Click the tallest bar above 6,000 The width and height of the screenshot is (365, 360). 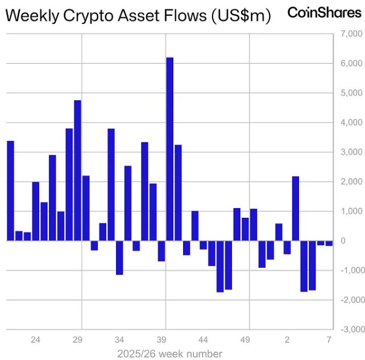tap(169, 148)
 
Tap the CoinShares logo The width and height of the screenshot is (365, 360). tap(324, 13)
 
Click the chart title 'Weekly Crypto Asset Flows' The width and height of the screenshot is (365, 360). tap(105, 16)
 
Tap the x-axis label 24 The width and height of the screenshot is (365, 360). tap(35, 340)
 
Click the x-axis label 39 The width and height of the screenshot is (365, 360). tap(161, 340)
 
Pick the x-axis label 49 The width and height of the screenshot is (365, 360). tap(245, 340)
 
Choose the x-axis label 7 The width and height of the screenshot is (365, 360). tap(329, 340)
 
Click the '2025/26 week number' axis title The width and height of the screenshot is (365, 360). tap(169, 354)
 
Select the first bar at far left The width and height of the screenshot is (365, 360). tap(10, 191)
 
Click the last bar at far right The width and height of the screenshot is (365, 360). tap(329, 243)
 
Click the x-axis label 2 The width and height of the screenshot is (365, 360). tap(287, 340)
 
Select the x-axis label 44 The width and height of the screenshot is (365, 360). tap(203, 340)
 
